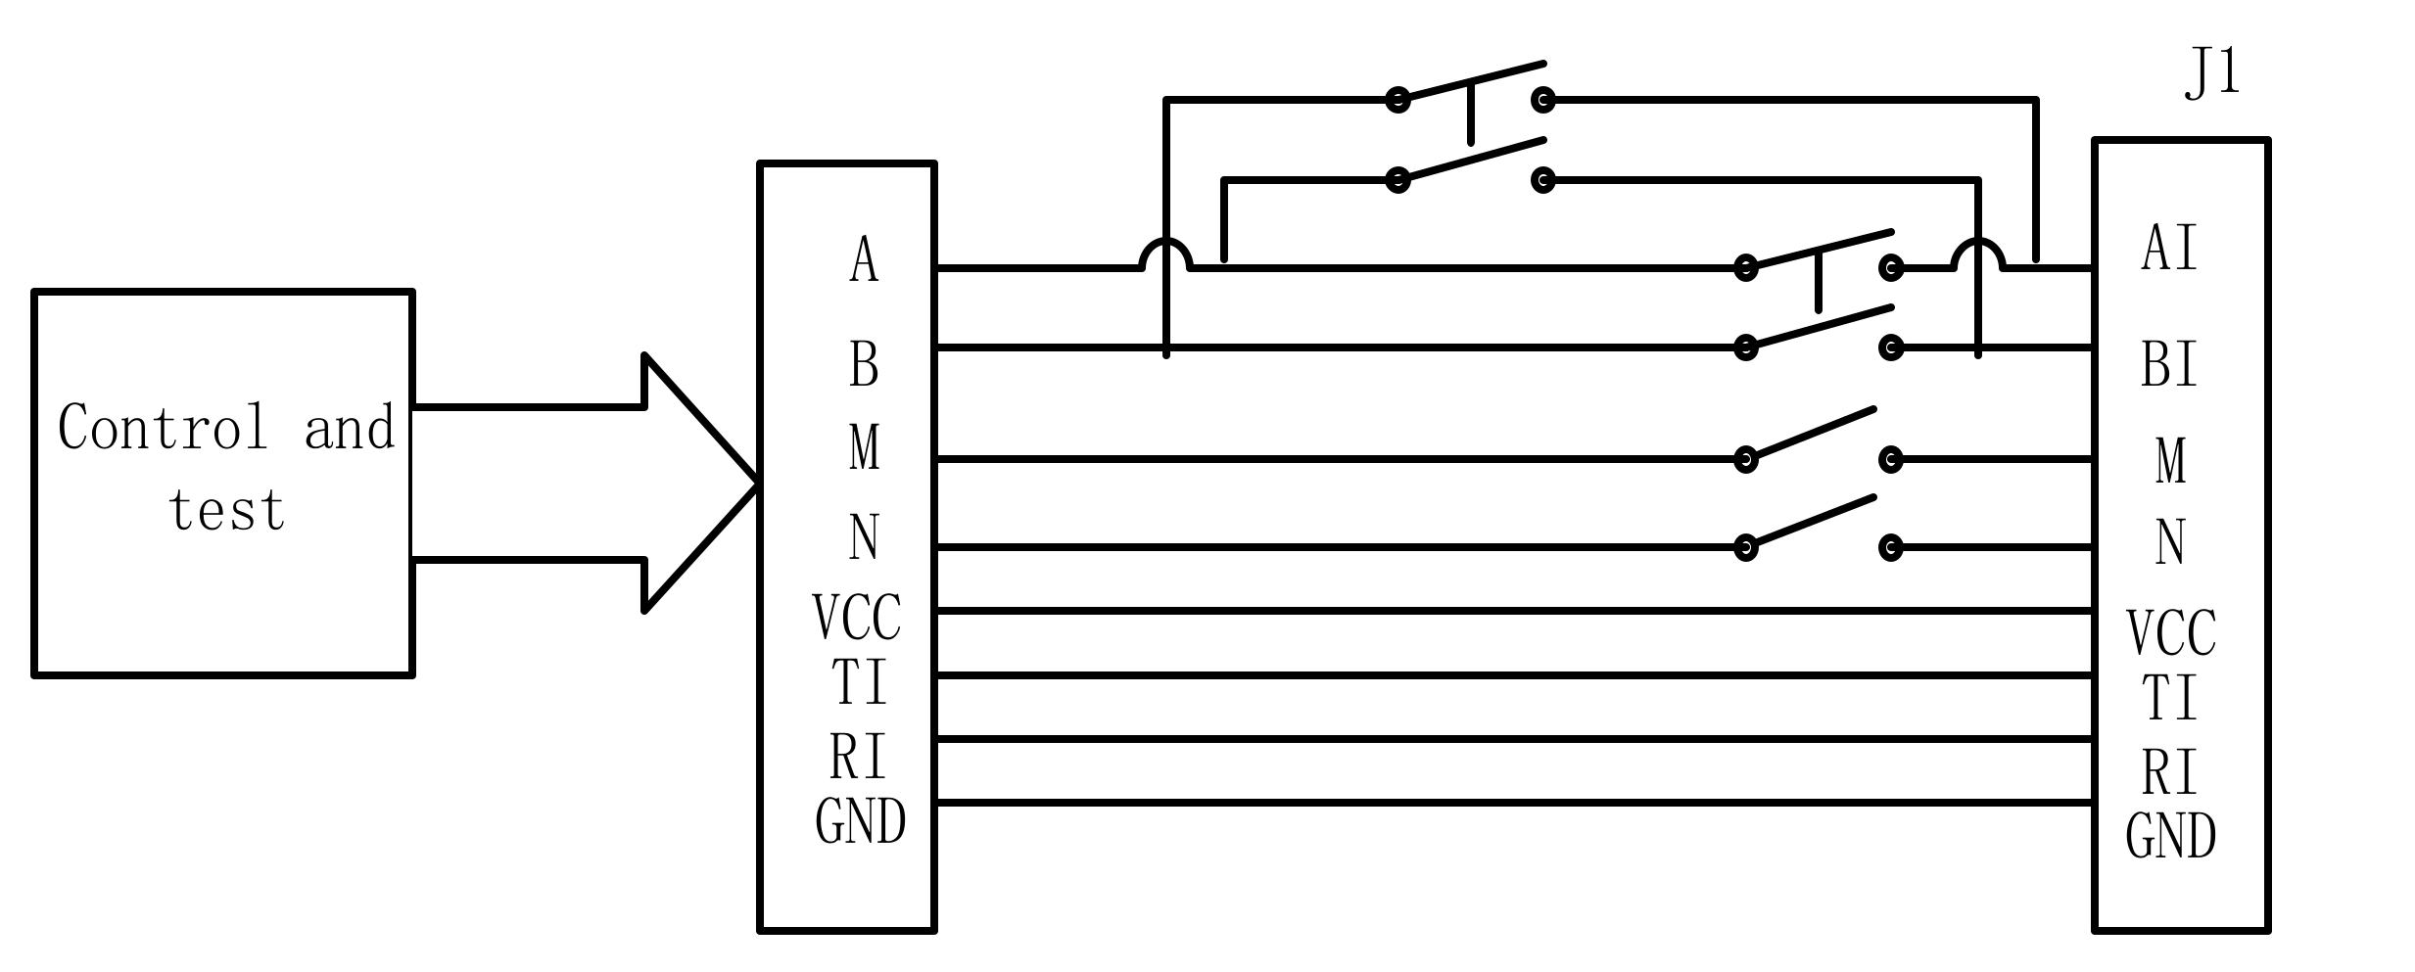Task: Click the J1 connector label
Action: pyautogui.click(x=2211, y=73)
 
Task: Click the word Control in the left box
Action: pyautogui.click(x=163, y=428)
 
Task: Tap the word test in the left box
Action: pyautogui.click(x=226, y=510)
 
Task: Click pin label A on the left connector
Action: pyautogui.click(x=863, y=260)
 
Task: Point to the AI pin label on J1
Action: pyautogui.click(x=2169, y=248)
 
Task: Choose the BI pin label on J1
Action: pyautogui.click(x=2169, y=365)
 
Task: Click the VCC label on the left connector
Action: pyautogui.click(x=857, y=618)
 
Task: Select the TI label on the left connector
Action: pyautogui.click(x=859, y=681)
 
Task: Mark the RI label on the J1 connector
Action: pyautogui.click(x=2169, y=773)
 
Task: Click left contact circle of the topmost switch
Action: pyautogui.click(x=1398, y=99)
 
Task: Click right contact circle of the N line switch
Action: pyautogui.click(x=1891, y=547)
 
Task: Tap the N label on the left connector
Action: pyautogui.click(x=863, y=537)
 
